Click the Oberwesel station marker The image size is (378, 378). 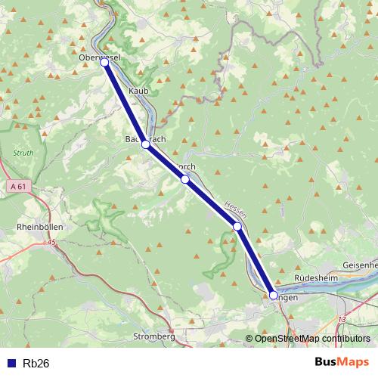tap(104, 63)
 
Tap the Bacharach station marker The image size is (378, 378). tap(145, 143)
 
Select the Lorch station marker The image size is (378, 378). tap(184, 179)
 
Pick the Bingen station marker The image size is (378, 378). tap(274, 296)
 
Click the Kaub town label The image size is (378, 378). tap(140, 91)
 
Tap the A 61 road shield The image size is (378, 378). tap(20, 185)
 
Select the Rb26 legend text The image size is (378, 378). tap(36, 363)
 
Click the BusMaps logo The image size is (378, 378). tap(342, 362)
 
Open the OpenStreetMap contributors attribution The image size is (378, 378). tap(312, 339)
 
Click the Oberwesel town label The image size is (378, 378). tap(100, 56)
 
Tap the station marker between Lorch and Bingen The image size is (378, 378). tap(237, 226)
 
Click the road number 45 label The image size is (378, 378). tap(51, 243)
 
